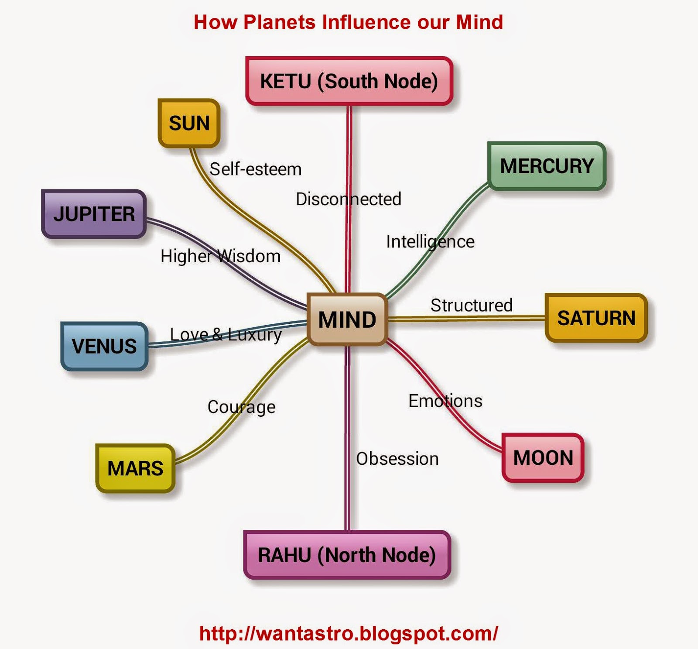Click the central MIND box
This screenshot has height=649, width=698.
tap(347, 319)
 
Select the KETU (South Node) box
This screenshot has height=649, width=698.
tap(349, 81)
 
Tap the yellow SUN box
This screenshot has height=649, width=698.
tap(189, 123)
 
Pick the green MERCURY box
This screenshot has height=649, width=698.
tap(547, 166)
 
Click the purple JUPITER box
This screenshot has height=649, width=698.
tap(94, 214)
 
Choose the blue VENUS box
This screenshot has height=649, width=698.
tap(104, 346)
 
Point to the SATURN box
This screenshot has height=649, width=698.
tap(596, 318)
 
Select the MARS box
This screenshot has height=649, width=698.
tap(135, 468)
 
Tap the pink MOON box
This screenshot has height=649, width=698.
tap(543, 458)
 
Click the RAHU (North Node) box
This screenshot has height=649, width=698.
tap(347, 555)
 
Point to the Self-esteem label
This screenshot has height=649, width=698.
tap(255, 169)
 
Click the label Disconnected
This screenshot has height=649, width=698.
tap(348, 199)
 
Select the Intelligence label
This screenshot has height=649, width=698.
tap(430, 242)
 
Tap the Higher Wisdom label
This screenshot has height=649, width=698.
tap(220, 256)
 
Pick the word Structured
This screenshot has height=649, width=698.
tap(471, 306)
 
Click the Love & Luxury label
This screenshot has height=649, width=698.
tap(226, 335)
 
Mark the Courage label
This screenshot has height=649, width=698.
tap(241, 407)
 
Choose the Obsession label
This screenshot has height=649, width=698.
tap(397, 459)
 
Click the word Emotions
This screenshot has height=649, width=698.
tap(445, 401)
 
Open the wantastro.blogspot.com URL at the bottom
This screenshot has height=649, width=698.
tap(348, 633)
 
